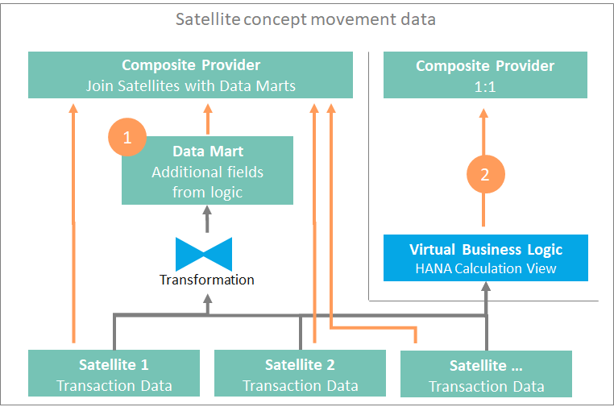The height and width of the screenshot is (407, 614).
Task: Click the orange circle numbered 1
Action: coord(127,137)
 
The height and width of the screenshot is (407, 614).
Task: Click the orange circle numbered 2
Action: coord(486,174)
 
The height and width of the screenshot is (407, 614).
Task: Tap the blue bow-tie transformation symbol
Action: coord(204,254)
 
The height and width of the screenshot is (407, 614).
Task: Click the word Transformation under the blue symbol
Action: coord(207,280)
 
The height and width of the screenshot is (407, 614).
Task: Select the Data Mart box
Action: coord(207,170)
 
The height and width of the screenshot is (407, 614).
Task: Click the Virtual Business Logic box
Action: coord(486,258)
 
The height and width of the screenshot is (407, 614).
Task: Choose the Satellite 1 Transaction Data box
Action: coord(114,373)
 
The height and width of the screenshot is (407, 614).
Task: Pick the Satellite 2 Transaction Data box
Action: coord(300,373)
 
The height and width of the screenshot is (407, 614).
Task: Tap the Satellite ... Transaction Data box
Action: coord(486,374)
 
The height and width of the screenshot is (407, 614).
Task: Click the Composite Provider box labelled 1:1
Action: coord(485,75)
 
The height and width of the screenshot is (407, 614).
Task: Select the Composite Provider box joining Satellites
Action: coord(190,75)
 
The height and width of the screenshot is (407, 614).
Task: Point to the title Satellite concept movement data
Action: coord(305,19)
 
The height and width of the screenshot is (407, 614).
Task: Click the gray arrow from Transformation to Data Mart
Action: coord(207,219)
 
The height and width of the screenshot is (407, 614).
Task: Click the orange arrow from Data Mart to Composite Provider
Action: coord(208,119)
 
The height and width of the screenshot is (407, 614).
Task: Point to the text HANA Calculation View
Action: coord(486,268)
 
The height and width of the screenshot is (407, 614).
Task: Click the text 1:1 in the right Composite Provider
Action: coord(485,87)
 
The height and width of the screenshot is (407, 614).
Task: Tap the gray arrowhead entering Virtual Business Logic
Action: coord(486,286)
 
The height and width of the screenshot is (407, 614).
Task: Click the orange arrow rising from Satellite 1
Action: coord(73,223)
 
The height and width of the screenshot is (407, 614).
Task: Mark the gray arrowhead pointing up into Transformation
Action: coord(208,299)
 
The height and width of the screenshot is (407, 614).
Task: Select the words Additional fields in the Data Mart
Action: coord(208,172)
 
